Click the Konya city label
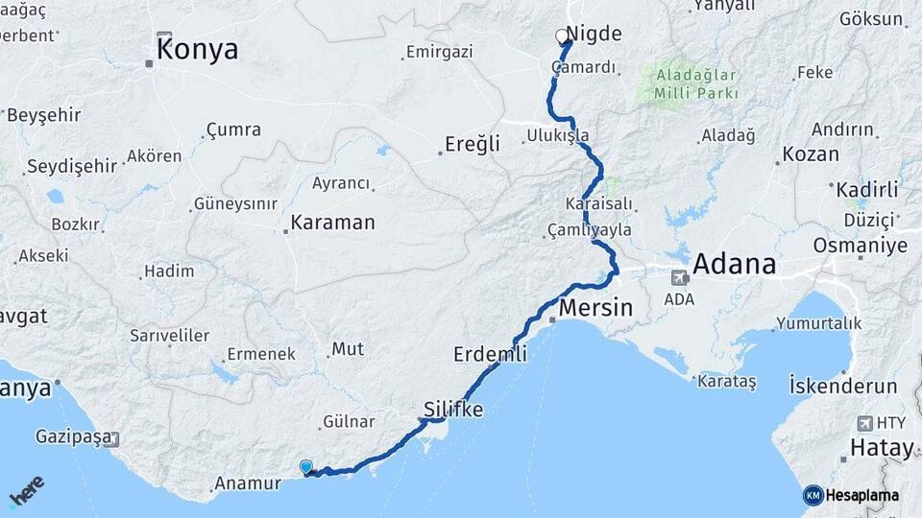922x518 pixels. click(197, 50)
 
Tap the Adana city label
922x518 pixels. click(734, 263)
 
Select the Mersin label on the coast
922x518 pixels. click(595, 308)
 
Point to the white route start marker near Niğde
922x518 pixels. click(562, 36)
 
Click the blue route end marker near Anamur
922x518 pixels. click(306, 467)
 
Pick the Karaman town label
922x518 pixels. click(332, 223)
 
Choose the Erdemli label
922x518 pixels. click(490, 355)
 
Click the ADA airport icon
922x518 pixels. click(680, 278)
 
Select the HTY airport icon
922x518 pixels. click(864, 423)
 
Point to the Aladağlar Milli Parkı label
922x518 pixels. click(696, 83)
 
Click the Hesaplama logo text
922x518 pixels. click(861, 496)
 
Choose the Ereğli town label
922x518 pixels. click(472, 144)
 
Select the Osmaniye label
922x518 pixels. click(860, 246)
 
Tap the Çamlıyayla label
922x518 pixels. click(589, 230)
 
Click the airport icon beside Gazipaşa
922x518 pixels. click(114, 438)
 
